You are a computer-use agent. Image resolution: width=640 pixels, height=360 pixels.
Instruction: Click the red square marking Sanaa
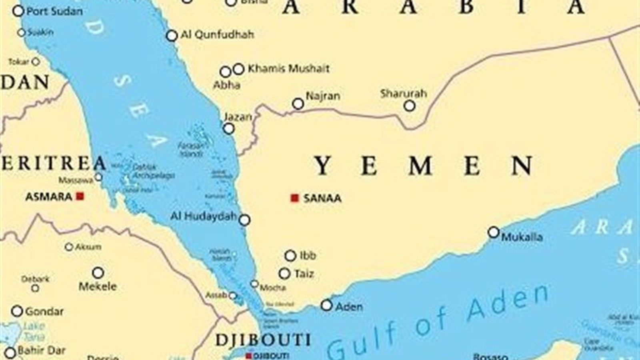pos(295,198)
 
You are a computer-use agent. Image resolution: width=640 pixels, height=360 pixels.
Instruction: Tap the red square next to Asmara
pos(80,196)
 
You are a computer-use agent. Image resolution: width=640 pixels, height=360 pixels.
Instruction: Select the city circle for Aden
pos(327,306)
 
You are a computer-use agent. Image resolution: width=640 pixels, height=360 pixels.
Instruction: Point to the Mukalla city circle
pos(494,232)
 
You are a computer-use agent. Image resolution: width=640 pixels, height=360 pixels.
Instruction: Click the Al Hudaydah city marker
pos(244,220)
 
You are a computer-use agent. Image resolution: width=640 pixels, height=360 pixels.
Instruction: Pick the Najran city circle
pos(298,104)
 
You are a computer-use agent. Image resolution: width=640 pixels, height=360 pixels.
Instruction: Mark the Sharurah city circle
pos(409,106)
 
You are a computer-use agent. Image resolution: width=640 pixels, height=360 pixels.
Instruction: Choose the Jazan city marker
pos(229,129)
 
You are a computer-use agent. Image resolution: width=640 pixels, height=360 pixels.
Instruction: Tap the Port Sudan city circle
pos(18,11)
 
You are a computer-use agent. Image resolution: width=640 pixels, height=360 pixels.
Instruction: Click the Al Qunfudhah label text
pos(217,35)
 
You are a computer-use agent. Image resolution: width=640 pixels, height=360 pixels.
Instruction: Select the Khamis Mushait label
pos(288,69)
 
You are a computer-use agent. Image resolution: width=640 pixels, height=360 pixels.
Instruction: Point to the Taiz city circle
pos(284,274)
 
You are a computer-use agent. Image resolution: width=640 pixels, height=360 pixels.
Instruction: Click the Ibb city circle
pos(290,256)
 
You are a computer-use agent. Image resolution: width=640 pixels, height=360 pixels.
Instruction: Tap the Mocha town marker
pos(254,284)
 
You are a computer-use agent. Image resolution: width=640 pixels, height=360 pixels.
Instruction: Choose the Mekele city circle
pos(98,273)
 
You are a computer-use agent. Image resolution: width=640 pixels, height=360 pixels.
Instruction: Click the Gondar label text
pos(44,311)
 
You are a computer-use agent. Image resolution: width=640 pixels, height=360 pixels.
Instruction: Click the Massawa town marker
pos(98,177)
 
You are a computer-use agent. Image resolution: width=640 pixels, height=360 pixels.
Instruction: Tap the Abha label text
pos(227,85)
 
